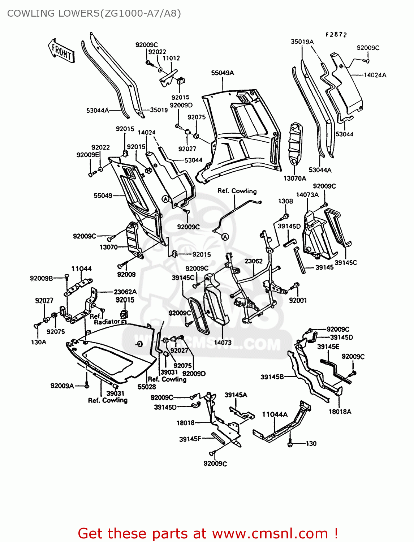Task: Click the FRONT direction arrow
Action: (x=61, y=52)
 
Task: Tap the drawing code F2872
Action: (x=336, y=35)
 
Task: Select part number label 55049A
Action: (x=223, y=73)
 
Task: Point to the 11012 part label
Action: (x=171, y=58)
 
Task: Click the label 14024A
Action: (x=375, y=75)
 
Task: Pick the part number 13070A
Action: (x=294, y=178)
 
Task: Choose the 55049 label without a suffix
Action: (x=103, y=195)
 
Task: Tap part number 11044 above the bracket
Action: (x=81, y=269)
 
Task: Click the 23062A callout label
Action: (x=125, y=292)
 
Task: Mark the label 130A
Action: (x=39, y=342)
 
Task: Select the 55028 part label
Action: (x=147, y=387)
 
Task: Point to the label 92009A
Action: (x=62, y=386)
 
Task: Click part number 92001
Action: (x=298, y=300)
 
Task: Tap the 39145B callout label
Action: (x=272, y=377)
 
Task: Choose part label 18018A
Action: (x=340, y=412)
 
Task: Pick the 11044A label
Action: (x=275, y=414)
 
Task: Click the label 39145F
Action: (x=190, y=439)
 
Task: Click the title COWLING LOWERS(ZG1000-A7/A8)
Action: (x=94, y=13)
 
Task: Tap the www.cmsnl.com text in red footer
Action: (x=269, y=533)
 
